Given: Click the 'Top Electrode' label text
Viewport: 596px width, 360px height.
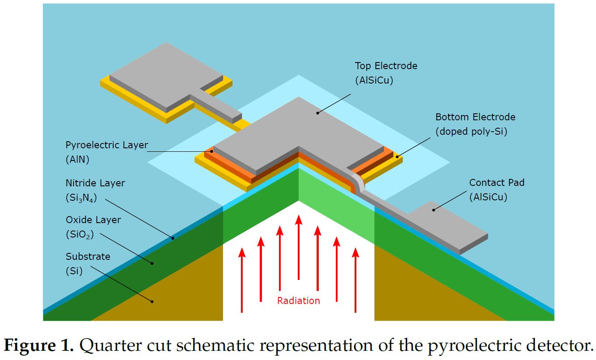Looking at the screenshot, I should click(x=386, y=66).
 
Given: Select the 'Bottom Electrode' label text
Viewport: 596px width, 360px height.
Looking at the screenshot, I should click(x=475, y=117).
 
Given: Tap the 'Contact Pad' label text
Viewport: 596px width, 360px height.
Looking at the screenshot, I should click(x=496, y=183).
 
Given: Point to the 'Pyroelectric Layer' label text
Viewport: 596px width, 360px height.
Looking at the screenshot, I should click(x=107, y=145).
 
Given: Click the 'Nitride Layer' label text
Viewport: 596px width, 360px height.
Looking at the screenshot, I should click(x=95, y=183).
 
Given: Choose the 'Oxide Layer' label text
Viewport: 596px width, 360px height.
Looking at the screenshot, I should click(x=93, y=220).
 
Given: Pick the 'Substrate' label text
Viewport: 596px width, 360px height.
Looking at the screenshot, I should click(x=88, y=256).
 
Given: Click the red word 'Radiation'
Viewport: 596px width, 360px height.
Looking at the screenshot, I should click(x=299, y=301).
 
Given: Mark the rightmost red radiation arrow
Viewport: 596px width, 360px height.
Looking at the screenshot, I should click(x=356, y=280).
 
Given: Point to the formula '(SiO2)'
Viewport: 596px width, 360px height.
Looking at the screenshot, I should click(x=79, y=234).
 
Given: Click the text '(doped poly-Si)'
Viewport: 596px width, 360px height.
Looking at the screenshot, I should click(x=471, y=132).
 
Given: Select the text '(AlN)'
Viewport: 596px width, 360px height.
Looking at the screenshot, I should click(x=77, y=159).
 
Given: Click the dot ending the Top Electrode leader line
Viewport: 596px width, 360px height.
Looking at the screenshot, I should click(x=317, y=113).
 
